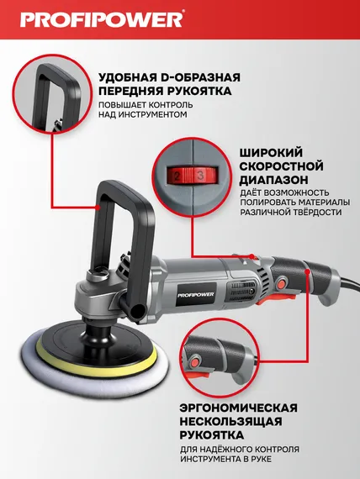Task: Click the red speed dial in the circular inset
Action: pos(193,174)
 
